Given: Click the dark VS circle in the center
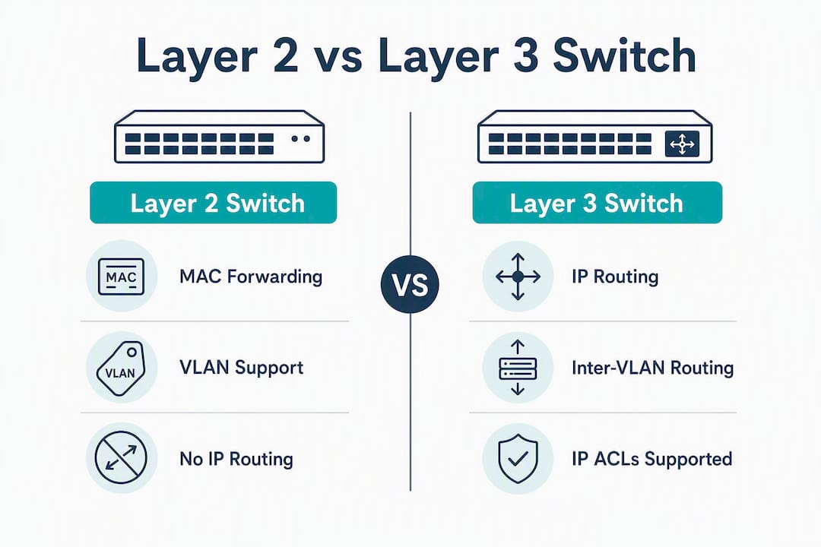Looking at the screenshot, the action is pyautogui.click(x=410, y=284).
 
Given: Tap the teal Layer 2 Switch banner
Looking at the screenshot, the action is pyautogui.click(x=213, y=203).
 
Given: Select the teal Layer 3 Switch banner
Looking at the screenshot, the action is pyautogui.click(x=598, y=203).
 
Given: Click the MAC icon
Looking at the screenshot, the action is pyautogui.click(x=121, y=277).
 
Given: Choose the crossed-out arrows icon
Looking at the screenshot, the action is pyautogui.click(x=121, y=458).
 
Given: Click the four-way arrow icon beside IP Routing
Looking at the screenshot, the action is pyautogui.click(x=518, y=277).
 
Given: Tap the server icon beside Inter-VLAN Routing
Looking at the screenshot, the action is pyautogui.click(x=518, y=368).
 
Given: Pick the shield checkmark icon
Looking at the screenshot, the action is pyautogui.click(x=518, y=459).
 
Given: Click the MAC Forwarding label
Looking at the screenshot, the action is pyautogui.click(x=251, y=277).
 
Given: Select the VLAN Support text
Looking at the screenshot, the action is pyautogui.click(x=242, y=368).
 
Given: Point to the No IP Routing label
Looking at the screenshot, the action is pyautogui.click(x=236, y=459).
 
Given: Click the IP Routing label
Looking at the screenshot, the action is pyautogui.click(x=615, y=277).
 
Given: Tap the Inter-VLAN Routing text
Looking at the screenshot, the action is pyautogui.click(x=652, y=368).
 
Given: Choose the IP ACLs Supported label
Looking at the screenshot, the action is pyautogui.click(x=652, y=459).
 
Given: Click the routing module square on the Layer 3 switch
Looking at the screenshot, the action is pyautogui.click(x=682, y=144).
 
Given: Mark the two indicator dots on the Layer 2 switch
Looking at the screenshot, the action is pyautogui.click(x=300, y=139).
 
